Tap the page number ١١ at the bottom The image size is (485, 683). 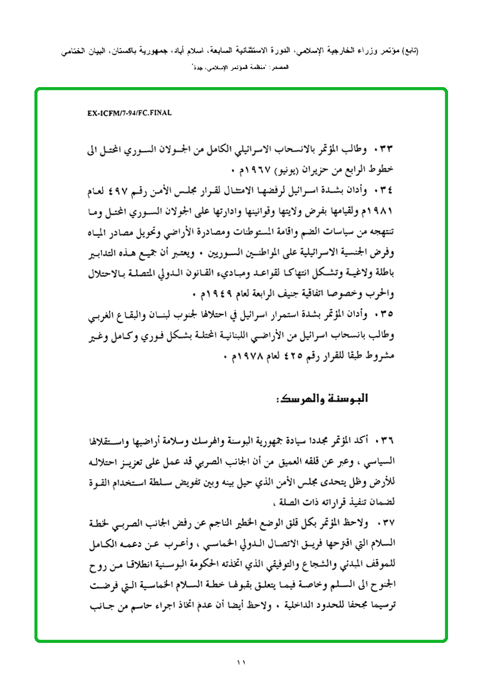coord(242,662)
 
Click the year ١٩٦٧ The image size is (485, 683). coord(244,169)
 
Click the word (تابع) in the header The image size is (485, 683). coord(409,52)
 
